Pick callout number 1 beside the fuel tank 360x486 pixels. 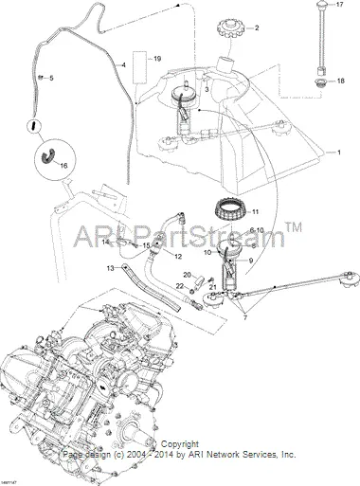coord(336,153)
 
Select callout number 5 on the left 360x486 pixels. coord(51,77)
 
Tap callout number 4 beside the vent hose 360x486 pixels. coord(123,64)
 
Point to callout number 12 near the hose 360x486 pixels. coord(177,256)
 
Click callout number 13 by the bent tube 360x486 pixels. coord(111,269)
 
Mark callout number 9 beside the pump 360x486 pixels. coord(252,261)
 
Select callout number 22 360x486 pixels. coord(178,286)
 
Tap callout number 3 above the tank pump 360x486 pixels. coord(207,86)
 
